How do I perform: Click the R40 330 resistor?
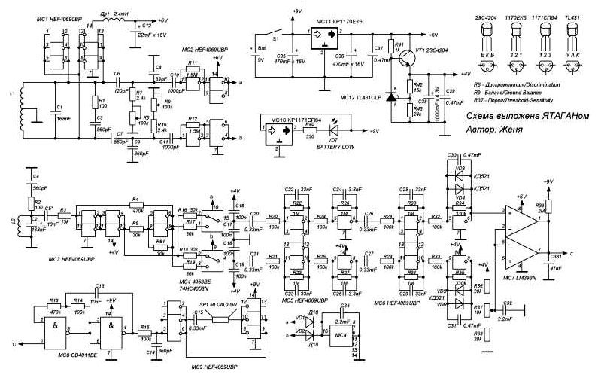tap(309, 130)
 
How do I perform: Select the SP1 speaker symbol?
tap(220, 319)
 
